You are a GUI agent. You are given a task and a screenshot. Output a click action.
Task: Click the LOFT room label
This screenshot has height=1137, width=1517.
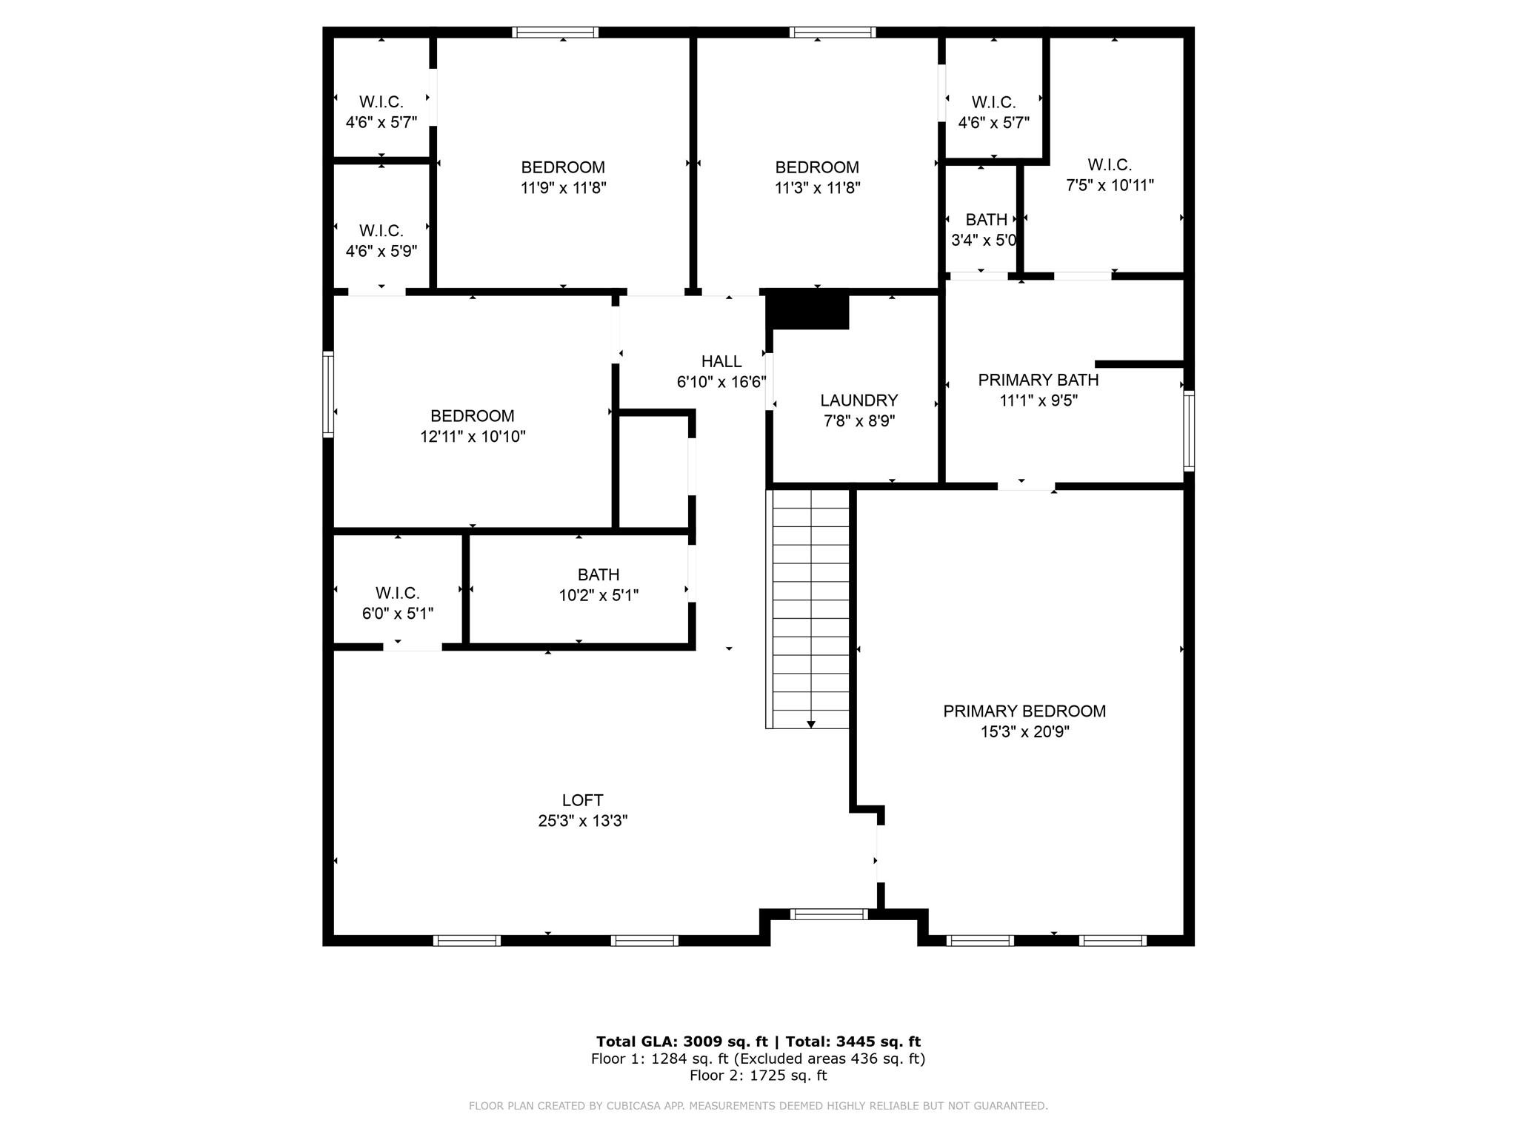pyautogui.click(x=582, y=800)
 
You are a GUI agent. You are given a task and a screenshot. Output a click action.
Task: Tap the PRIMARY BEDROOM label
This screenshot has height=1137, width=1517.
pyautogui.click(x=1024, y=711)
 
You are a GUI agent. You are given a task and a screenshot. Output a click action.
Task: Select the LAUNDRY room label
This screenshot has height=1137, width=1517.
pyautogui.click(x=858, y=400)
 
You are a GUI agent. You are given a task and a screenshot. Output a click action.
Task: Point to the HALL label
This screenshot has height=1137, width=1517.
pyautogui.click(x=721, y=361)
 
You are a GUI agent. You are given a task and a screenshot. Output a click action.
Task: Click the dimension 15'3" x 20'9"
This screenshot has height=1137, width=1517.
pyautogui.click(x=1024, y=732)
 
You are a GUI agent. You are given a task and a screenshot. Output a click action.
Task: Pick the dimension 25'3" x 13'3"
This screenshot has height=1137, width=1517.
pyautogui.click(x=582, y=821)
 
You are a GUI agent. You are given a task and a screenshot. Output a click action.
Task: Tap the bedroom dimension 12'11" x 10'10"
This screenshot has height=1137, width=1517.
pyautogui.click(x=473, y=437)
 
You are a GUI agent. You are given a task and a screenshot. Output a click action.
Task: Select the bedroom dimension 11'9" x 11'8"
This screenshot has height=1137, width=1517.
pyautogui.click(x=563, y=188)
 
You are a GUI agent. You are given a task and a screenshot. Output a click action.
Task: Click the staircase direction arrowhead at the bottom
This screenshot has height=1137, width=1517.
pyautogui.click(x=811, y=724)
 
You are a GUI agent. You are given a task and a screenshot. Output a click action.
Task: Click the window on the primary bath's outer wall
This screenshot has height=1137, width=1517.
pyautogui.click(x=1188, y=430)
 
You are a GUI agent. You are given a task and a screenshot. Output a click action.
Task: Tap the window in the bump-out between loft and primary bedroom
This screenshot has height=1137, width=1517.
pyautogui.click(x=829, y=914)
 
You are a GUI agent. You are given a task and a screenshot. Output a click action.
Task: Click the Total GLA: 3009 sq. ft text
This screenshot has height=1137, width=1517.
pyautogui.click(x=681, y=1042)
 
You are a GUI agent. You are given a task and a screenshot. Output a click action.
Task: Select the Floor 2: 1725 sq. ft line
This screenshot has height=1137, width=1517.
pyautogui.click(x=758, y=1076)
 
